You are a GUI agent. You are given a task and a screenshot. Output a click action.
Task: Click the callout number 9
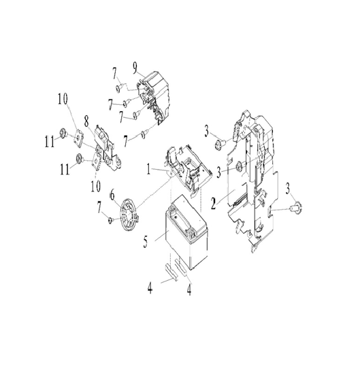tap(135, 67)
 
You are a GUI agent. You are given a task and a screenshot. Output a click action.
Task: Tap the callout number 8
tap(86, 121)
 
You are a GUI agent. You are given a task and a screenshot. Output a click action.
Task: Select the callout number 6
tap(112, 196)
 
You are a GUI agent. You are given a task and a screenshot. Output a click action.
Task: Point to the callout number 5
tap(146, 241)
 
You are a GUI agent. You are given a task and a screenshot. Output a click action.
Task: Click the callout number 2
tap(214, 204)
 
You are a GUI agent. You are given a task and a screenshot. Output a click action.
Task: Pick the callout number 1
tap(148, 169)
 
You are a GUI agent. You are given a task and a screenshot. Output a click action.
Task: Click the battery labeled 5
tap(186, 232)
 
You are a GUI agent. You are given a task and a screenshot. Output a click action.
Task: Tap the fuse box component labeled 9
tap(154, 97)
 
